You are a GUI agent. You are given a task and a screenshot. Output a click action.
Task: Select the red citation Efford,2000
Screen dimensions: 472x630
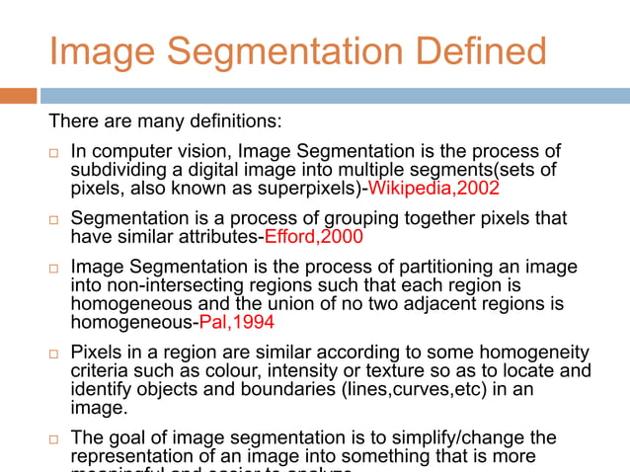310,236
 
